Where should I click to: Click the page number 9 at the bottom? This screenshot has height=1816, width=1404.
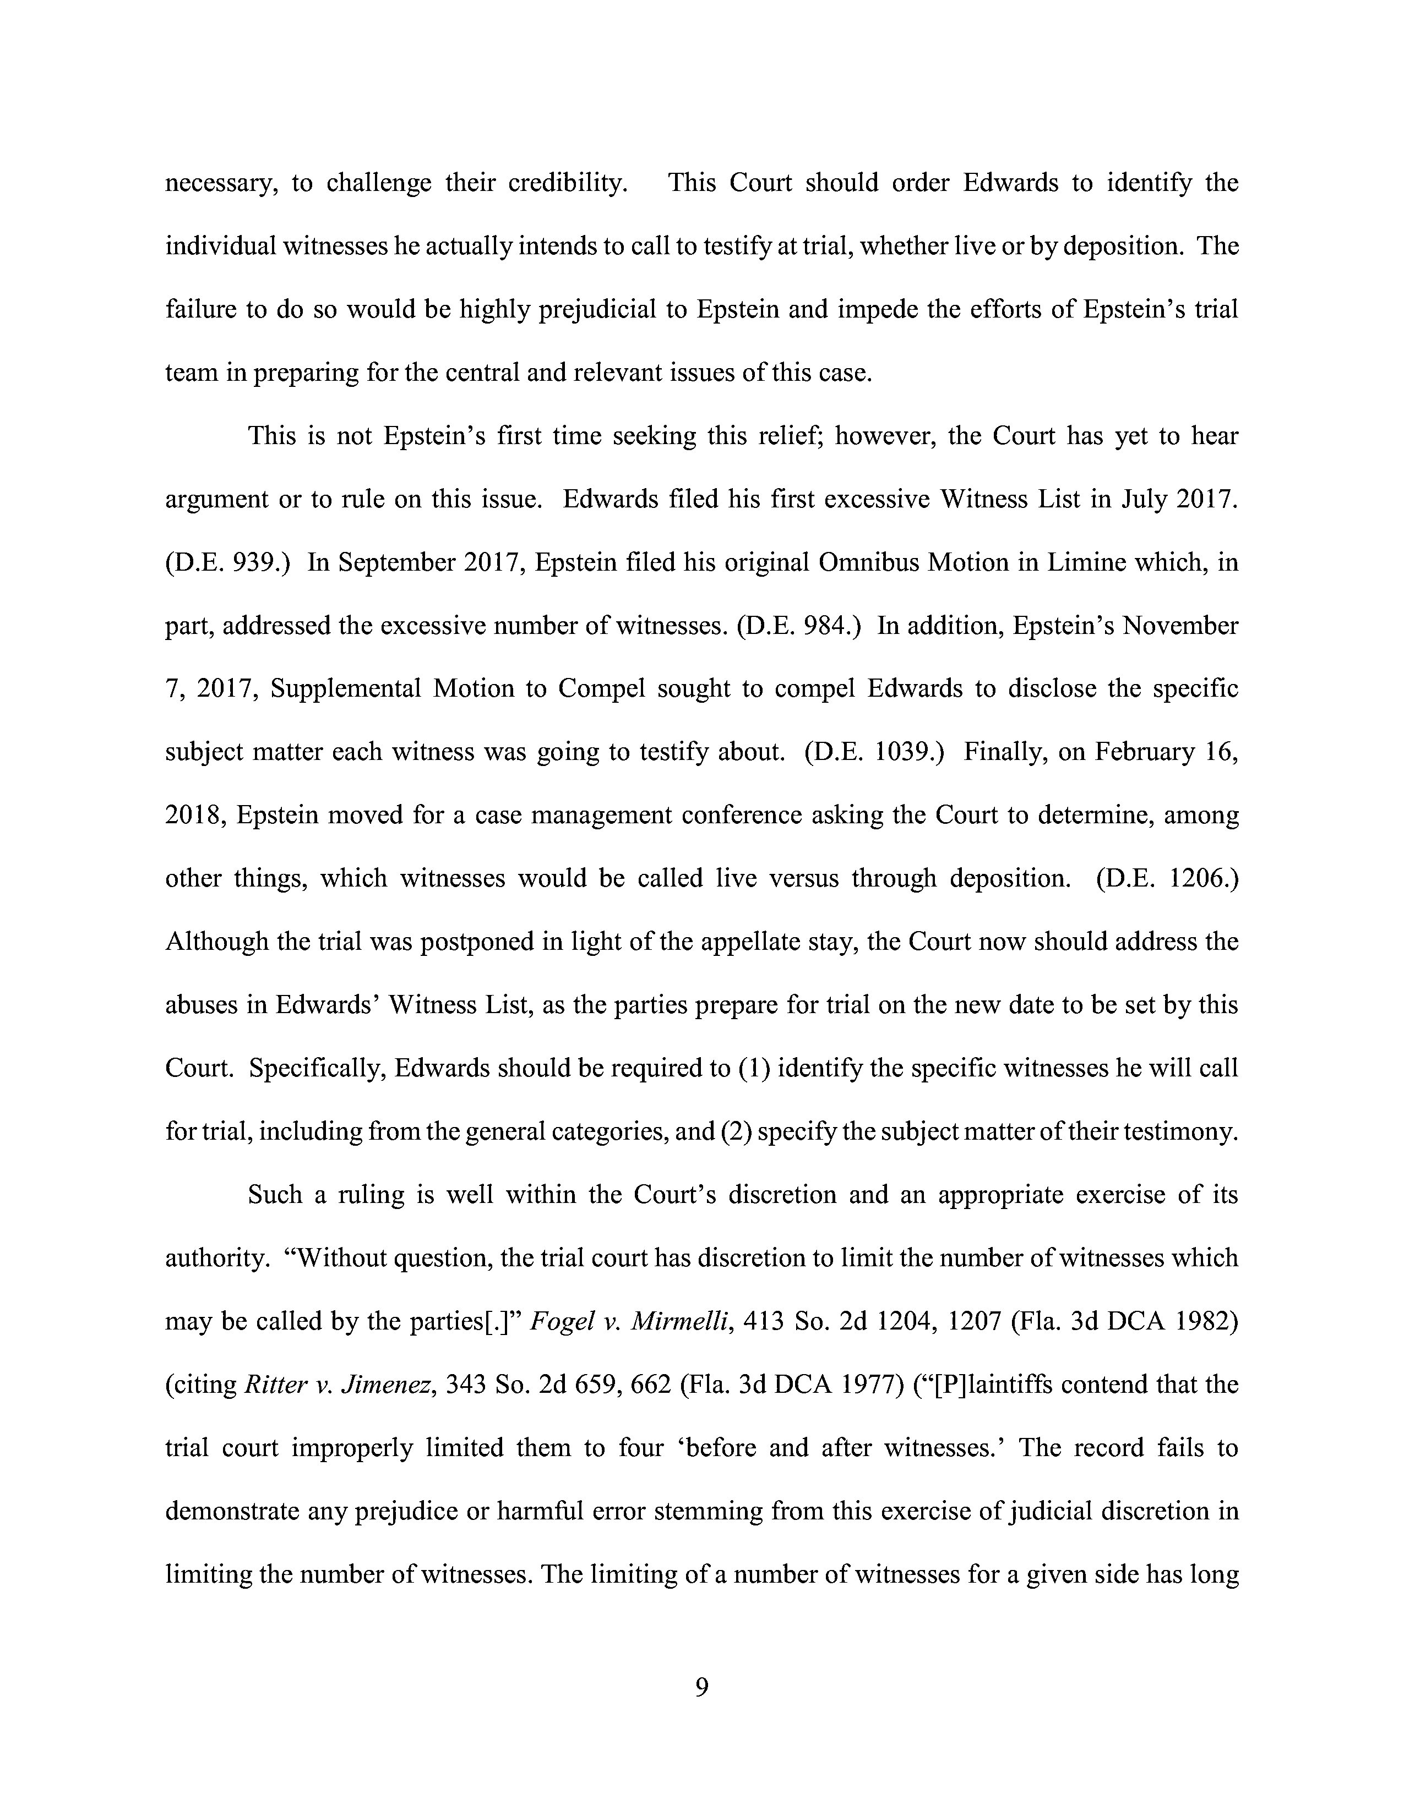coord(701,1687)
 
